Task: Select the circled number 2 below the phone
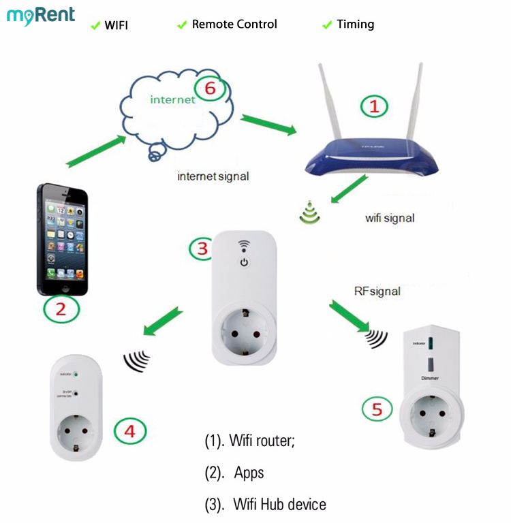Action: pyautogui.click(x=61, y=310)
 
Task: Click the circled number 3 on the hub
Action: pyautogui.click(x=202, y=249)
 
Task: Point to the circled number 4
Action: pyautogui.click(x=129, y=430)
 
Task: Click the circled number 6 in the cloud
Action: pyautogui.click(x=209, y=89)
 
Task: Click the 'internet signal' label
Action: pyautogui.click(x=213, y=176)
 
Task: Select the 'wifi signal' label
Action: pyautogui.click(x=390, y=218)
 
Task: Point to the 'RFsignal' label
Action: pyautogui.click(x=377, y=291)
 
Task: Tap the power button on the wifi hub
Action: pyautogui.click(x=244, y=262)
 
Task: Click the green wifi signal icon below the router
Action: pyautogui.click(x=310, y=214)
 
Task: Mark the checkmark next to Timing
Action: pyautogui.click(x=326, y=25)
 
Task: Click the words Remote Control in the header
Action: pyautogui.click(x=234, y=25)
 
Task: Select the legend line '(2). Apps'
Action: pyautogui.click(x=234, y=473)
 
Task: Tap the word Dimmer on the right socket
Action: pyautogui.click(x=430, y=377)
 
